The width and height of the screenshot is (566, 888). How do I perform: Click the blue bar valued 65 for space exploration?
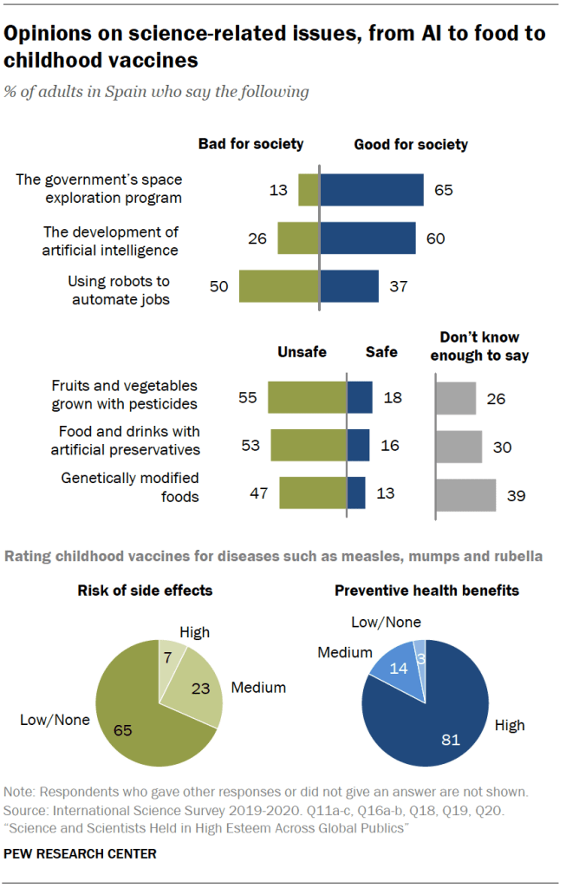click(x=371, y=190)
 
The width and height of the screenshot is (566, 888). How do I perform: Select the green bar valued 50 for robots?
click(x=279, y=286)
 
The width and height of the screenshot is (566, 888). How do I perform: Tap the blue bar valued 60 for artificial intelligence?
click(x=368, y=238)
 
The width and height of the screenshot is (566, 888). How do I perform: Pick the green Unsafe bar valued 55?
click(x=307, y=397)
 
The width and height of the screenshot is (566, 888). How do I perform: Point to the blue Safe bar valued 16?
click(x=359, y=445)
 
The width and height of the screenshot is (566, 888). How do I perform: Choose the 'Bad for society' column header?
click(x=250, y=144)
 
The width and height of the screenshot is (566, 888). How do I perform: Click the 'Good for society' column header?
click(x=410, y=144)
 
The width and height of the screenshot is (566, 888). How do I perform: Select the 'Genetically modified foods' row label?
click(x=130, y=486)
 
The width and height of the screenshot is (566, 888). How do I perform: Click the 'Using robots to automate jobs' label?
click(x=119, y=291)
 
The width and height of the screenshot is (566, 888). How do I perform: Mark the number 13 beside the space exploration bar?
click(x=277, y=190)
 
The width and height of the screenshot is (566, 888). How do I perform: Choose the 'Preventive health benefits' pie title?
click(x=426, y=591)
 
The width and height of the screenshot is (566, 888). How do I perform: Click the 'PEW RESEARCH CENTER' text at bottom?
click(x=81, y=854)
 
